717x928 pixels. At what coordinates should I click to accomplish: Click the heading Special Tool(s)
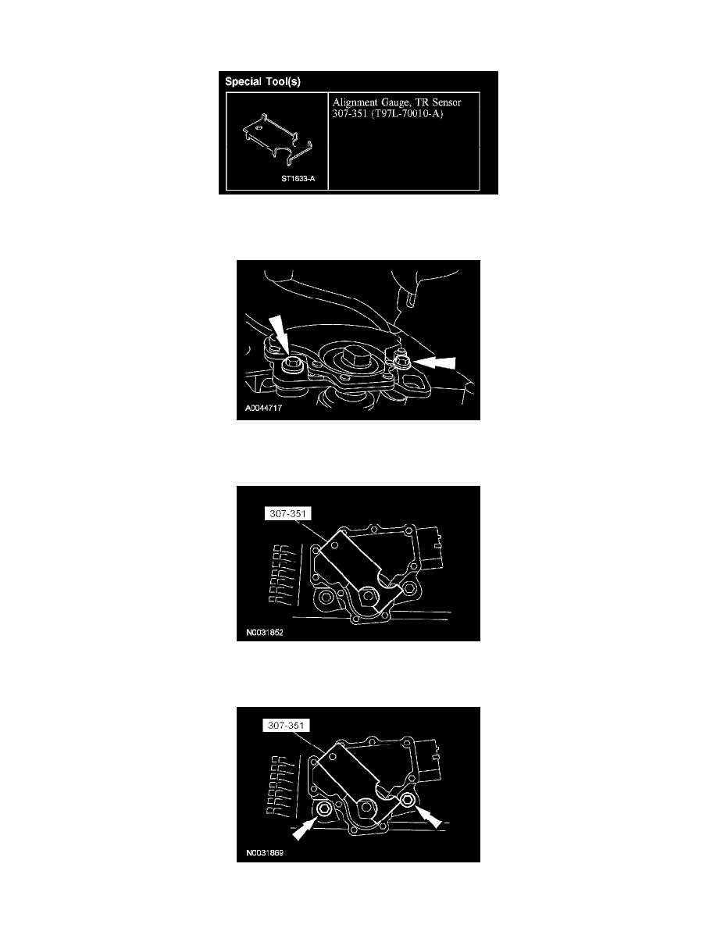coord(262,82)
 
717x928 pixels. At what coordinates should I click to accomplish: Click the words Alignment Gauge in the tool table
coord(372,102)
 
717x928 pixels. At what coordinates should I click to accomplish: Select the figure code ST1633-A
coord(298,179)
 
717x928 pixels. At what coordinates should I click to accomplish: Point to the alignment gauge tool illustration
coord(276,141)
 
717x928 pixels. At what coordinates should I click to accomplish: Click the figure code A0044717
coord(263,408)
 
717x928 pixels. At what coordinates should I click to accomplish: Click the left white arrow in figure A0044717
coord(278,334)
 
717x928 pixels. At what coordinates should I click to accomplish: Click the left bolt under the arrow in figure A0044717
coord(291,364)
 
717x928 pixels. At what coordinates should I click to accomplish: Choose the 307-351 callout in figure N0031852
coord(288,514)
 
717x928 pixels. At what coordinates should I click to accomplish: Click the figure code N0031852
coord(265,632)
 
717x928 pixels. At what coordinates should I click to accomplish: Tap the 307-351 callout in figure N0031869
coord(287,726)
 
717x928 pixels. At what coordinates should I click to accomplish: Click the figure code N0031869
coord(265,853)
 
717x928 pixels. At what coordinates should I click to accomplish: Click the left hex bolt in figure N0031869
coord(324,809)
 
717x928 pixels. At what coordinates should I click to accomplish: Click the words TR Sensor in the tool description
coord(438,102)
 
